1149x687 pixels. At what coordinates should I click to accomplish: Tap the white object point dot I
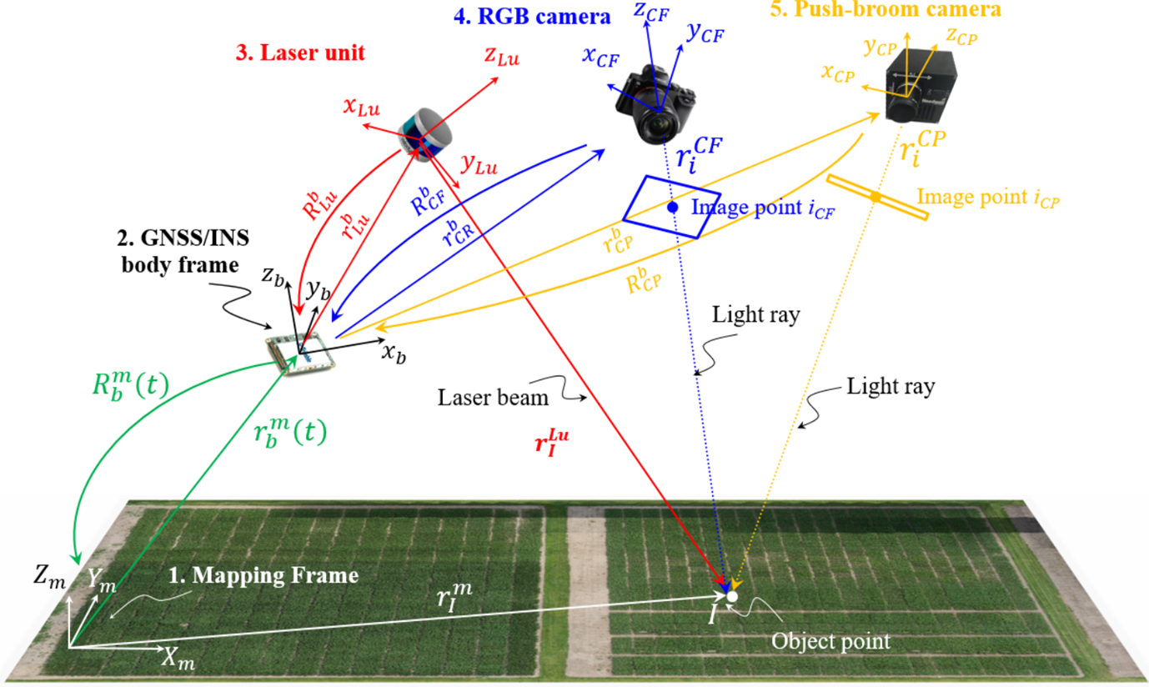click(731, 595)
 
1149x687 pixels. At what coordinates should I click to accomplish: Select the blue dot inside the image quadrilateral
click(672, 207)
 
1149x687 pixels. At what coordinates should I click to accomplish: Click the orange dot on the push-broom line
click(876, 197)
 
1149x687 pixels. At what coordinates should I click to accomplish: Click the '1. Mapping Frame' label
click(263, 575)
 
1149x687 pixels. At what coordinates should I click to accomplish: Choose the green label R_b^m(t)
click(130, 385)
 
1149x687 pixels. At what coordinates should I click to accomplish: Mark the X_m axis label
click(178, 659)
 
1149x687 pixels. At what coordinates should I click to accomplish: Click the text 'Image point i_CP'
click(988, 198)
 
